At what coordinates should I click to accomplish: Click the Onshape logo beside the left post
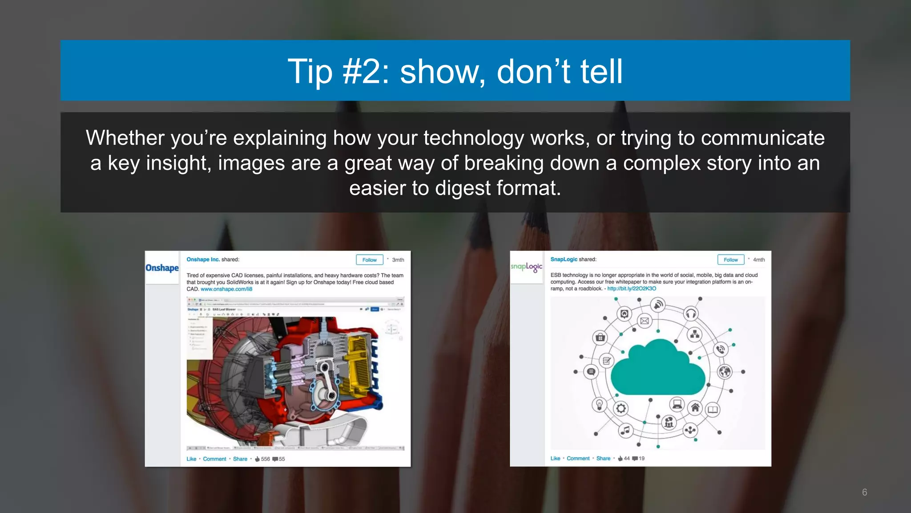coord(162,268)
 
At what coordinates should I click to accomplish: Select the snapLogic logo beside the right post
coord(526,267)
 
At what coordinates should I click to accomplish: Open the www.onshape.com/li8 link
coord(226,289)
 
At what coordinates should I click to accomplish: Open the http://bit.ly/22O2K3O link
coord(632,289)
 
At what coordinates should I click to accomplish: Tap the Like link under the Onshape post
coord(191,459)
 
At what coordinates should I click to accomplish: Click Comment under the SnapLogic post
coord(578,459)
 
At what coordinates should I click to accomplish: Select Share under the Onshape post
coord(240,459)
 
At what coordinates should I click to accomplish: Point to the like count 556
coord(265,459)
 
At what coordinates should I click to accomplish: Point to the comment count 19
coord(641,459)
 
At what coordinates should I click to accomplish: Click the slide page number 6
coord(864,492)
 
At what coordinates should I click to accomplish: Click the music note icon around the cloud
coord(625,430)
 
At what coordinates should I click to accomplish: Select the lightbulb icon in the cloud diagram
coord(599,405)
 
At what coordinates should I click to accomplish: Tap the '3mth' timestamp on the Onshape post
coord(398,260)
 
